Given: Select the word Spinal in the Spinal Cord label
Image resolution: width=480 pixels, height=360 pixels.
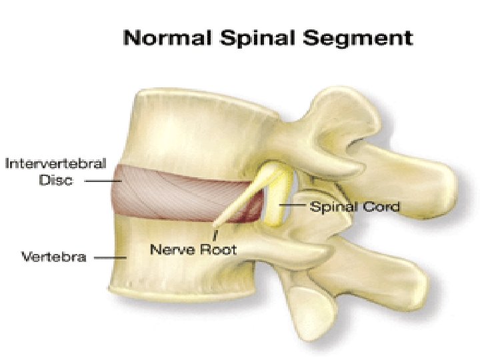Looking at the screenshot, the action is [x=331, y=207].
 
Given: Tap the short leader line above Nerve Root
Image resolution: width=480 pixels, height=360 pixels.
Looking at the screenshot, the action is [x=215, y=234].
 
